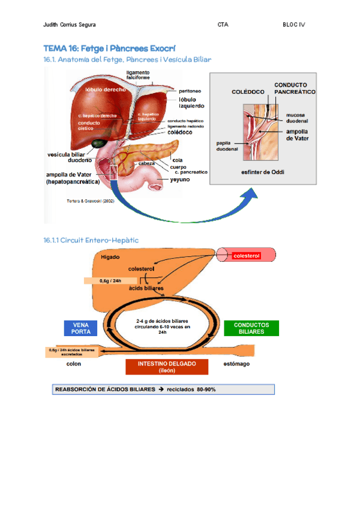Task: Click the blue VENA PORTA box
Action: tap(80, 328)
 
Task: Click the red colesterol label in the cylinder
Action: tap(247, 256)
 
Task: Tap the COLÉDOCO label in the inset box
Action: tap(247, 92)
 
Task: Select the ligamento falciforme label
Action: tap(138, 75)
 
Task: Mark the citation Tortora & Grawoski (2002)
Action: tap(90, 201)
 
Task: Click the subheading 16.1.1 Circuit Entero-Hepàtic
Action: tap(91, 240)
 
